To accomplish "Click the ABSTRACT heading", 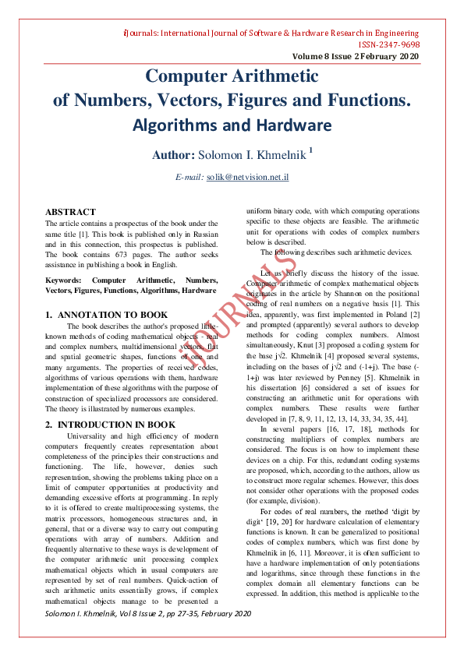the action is (70, 212).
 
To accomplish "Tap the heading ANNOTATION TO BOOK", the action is (113, 315).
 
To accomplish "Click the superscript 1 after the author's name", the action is (310, 150).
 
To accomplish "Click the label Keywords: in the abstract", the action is (64, 280).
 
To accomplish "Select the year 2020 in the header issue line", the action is (409, 57).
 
